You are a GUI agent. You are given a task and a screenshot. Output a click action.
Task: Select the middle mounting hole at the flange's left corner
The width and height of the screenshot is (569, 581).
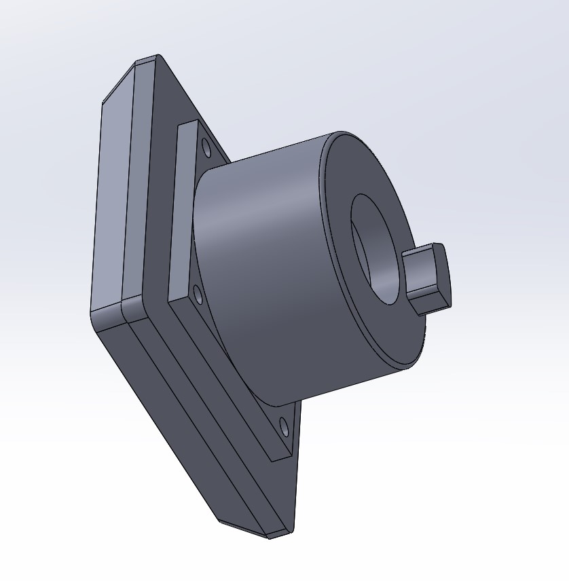click(x=198, y=295)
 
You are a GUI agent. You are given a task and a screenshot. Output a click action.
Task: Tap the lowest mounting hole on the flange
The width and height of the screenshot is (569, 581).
click(x=284, y=428)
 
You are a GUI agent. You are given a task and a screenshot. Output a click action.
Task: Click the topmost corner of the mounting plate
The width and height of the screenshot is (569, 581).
click(x=158, y=56)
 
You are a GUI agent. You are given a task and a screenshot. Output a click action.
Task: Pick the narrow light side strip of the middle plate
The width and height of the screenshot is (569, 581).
click(x=134, y=183)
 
